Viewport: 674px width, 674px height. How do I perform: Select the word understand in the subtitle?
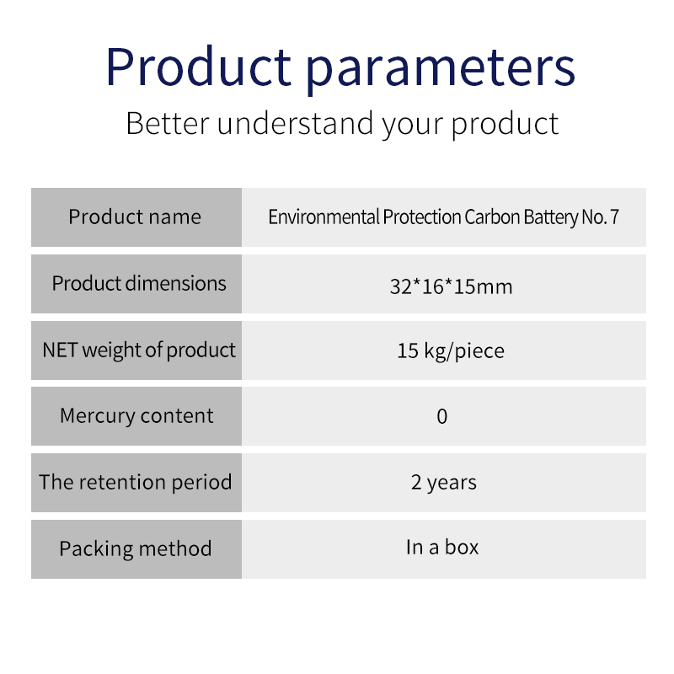296,124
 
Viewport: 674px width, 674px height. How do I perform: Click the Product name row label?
135,217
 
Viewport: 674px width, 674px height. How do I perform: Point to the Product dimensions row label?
139,284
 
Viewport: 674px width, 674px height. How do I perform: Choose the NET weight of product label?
139,350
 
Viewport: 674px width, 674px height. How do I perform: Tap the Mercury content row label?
136,416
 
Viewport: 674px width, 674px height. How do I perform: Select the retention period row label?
136,482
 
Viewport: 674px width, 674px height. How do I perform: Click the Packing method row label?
136,549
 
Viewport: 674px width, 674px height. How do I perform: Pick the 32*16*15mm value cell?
451,286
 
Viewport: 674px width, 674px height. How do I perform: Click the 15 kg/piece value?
451,351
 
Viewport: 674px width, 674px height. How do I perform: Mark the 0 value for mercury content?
442,416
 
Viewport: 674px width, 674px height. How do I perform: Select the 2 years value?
444,483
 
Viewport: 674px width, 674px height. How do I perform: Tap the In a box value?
442,547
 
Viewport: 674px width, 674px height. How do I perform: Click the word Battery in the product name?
551,217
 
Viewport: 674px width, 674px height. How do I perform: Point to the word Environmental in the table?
324,217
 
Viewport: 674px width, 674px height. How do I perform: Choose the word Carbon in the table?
493,217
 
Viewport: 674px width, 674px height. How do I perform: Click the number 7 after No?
615,217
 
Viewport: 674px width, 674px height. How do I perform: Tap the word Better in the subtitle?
168,124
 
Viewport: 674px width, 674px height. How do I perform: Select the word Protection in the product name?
422,217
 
